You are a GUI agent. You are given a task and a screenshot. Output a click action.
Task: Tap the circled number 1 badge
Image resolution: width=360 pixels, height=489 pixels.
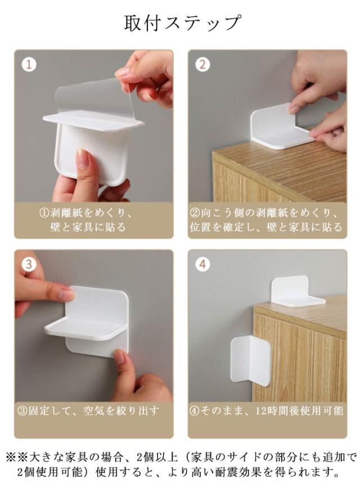tap(29, 65)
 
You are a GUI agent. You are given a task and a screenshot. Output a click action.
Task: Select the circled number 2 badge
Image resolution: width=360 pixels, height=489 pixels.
tap(202, 65)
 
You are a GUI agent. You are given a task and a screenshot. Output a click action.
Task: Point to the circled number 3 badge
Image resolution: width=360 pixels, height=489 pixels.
tap(29, 264)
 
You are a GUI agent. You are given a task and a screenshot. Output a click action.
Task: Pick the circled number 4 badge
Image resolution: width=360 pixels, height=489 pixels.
tap(202, 264)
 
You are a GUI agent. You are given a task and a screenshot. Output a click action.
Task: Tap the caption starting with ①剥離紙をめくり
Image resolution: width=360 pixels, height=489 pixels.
tap(87, 220)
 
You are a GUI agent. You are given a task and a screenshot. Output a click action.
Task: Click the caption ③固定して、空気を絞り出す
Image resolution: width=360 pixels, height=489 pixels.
tap(88, 411)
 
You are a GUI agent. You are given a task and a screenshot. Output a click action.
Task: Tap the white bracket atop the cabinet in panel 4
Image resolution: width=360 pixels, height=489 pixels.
tap(297, 291)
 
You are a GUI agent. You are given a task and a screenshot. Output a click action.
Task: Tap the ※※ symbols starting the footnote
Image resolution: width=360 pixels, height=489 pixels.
tap(17, 457)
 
